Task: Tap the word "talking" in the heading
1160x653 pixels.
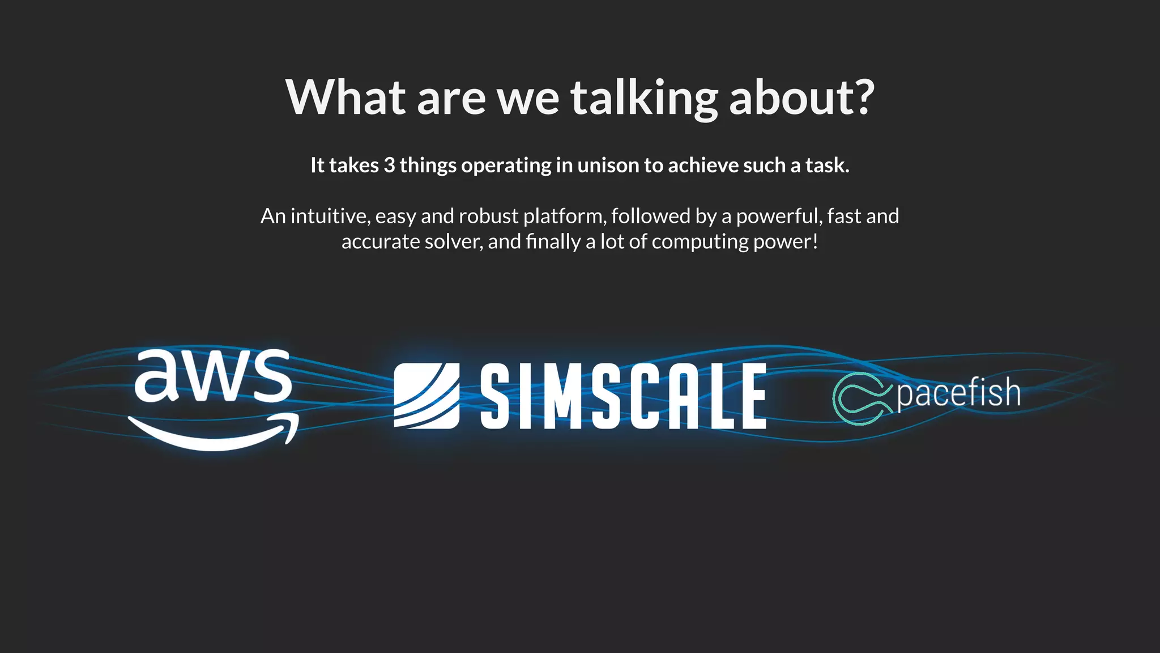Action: pyautogui.click(x=644, y=98)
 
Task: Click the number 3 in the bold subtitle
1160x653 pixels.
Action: pyautogui.click(x=389, y=166)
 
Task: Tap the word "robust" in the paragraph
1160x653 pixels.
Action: pyautogui.click(x=488, y=216)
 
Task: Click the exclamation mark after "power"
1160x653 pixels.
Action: pyautogui.click(x=815, y=242)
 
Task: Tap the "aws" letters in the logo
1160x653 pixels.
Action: pyautogui.click(x=212, y=375)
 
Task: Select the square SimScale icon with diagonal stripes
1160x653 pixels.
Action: pyautogui.click(x=427, y=396)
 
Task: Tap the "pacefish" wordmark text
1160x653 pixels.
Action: pyautogui.click(x=958, y=393)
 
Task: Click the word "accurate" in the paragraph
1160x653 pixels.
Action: pyautogui.click(x=381, y=242)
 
